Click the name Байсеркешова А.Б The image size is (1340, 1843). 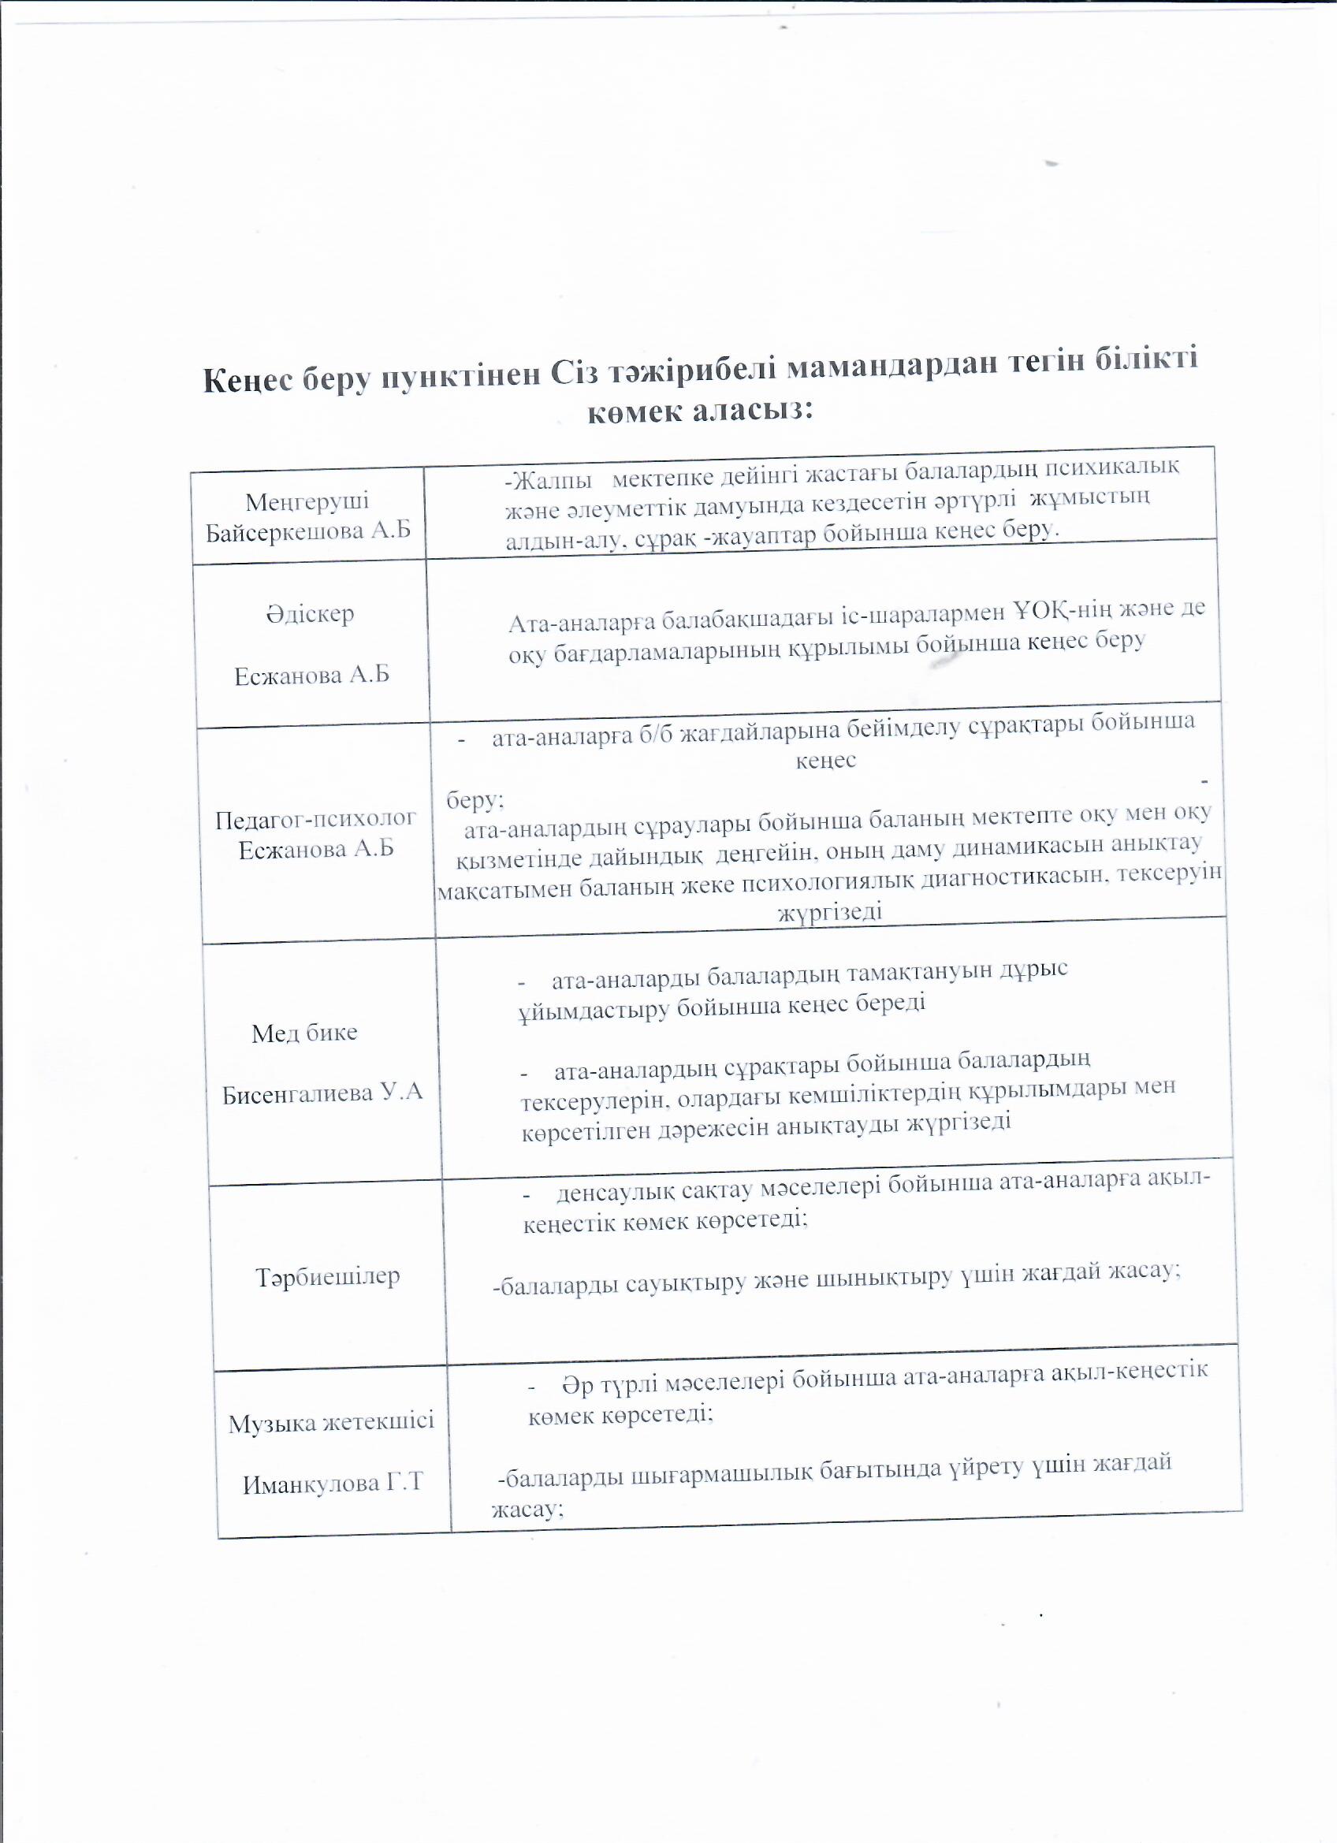point(308,531)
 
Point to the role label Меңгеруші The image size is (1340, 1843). point(307,501)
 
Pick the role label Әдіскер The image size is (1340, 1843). point(310,613)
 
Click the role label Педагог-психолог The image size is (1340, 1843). point(315,818)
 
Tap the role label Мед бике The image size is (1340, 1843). point(304,1033)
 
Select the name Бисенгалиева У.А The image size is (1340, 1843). point(322,1092)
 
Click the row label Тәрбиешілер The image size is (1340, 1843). point(328,1275)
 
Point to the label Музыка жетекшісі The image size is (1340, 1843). point(331,1421)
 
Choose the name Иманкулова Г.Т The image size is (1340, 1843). point(333,1482)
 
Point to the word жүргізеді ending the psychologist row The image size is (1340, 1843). point(830,912)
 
